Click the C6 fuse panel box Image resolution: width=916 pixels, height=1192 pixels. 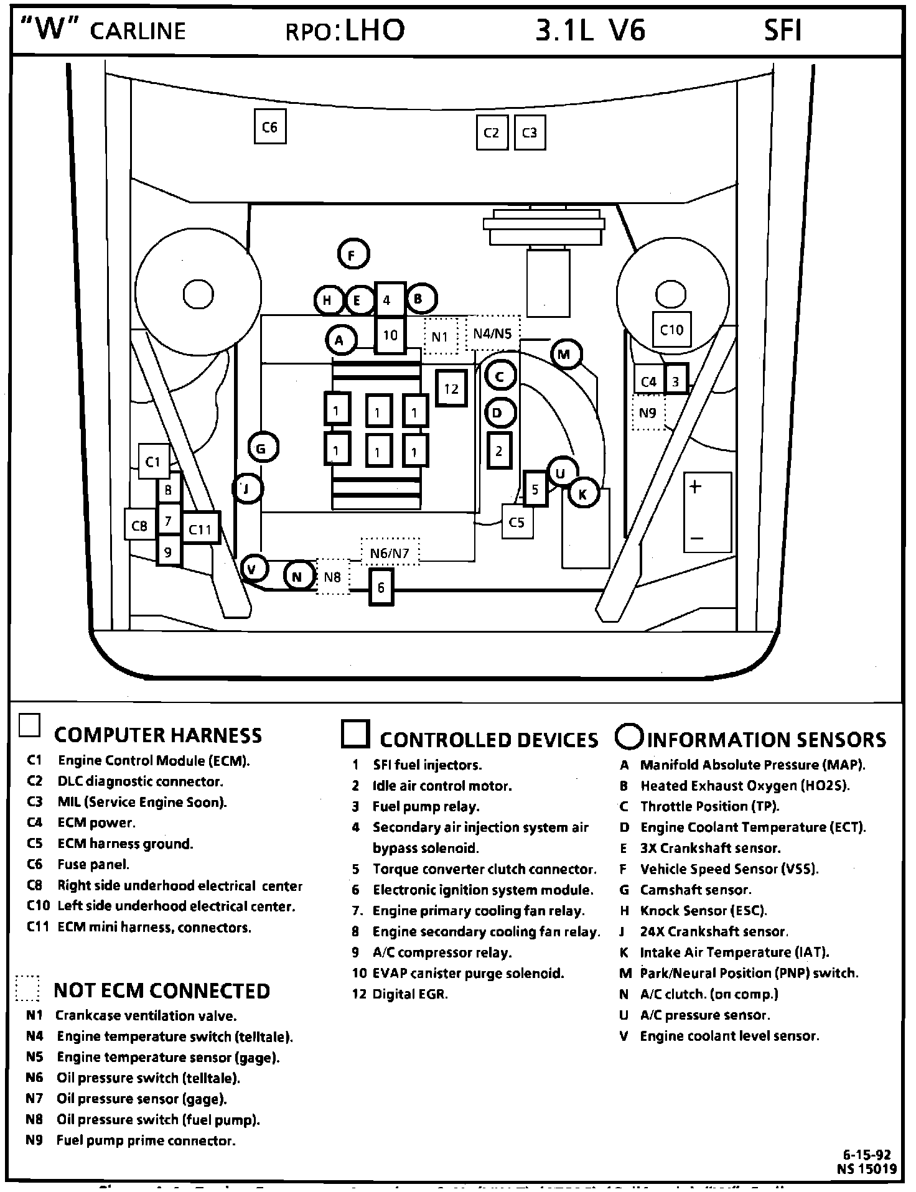(270, 127)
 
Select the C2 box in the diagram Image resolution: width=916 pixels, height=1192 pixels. (492, 133)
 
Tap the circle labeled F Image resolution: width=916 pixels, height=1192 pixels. (353, 254)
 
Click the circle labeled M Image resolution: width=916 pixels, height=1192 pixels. (565, 355)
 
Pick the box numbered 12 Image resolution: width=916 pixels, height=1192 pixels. (451, 389)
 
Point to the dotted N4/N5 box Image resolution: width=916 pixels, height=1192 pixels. (493, 334)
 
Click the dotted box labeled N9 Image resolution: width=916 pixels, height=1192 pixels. (648, 412)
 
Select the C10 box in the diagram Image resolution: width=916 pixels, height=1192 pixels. (671, 330)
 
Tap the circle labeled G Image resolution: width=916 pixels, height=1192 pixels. (262, 449)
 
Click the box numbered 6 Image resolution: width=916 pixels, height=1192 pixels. (381, 587)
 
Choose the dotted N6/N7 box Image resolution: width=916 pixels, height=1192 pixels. (390, 552)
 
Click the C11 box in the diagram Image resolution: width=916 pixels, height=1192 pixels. (200, 529)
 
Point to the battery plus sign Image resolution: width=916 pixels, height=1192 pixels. (696, 487)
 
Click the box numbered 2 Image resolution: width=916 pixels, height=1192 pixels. (498, 451)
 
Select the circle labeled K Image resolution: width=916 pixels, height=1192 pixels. (583, 494)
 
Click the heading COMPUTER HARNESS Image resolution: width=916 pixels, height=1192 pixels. (158, 735)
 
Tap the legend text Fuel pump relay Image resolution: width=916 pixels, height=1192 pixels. (426, 807)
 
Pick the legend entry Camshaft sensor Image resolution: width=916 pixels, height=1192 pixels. (696, 890)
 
